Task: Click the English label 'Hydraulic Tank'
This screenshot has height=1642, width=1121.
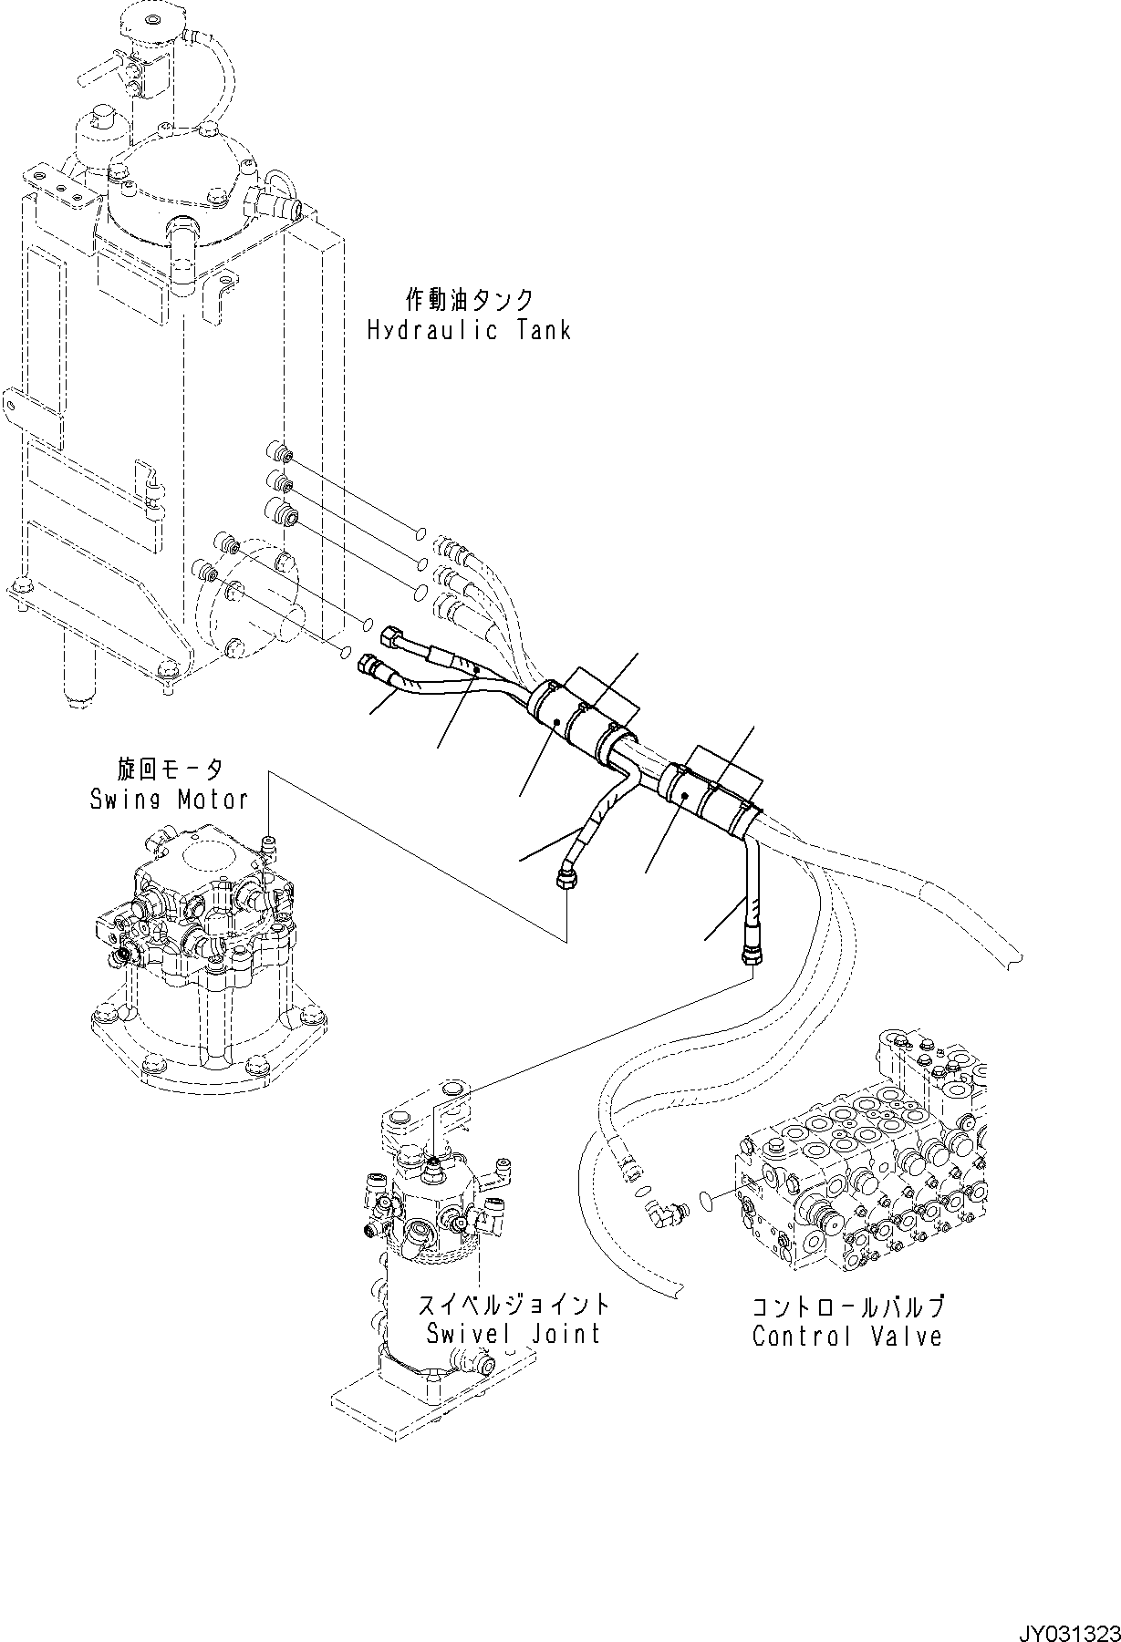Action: [469, 330]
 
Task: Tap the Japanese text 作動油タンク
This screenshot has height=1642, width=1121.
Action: [469, 299]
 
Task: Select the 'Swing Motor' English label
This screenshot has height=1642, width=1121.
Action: [169, 800]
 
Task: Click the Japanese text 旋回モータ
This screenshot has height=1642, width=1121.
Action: [169, 770]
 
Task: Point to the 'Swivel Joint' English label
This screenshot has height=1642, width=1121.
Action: [514, 1334]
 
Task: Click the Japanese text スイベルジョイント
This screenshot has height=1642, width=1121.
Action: [514, 1304]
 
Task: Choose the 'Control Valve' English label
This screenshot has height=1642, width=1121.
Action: [846, 1337]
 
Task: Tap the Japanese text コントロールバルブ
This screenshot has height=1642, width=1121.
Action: [846, 1306]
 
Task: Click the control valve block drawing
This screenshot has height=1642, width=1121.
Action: [867, 1158]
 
